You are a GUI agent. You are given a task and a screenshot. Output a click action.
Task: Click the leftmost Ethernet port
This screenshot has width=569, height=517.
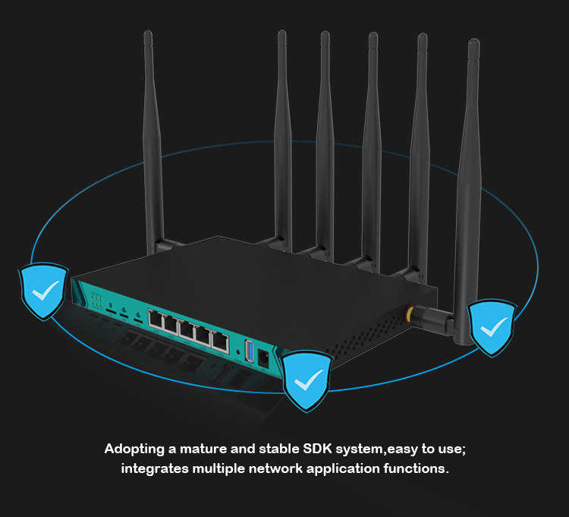[156, 320]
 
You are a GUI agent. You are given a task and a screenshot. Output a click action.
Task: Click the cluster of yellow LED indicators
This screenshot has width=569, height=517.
[96, 297]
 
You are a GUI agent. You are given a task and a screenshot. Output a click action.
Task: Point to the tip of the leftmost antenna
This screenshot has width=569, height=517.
[148, 36]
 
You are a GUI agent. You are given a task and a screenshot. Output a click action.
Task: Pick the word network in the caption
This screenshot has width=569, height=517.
[275, 468]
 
